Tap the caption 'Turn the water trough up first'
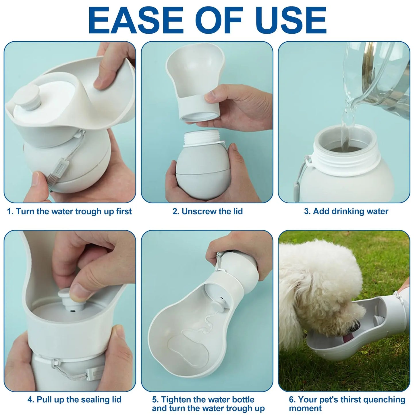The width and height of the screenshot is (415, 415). [69, 211]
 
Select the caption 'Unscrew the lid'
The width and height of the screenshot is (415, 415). [207, 211]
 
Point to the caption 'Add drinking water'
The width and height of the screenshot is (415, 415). [346, 211]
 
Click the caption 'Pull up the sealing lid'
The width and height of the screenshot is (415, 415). [74, 399]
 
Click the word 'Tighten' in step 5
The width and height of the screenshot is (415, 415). [179, 399]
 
